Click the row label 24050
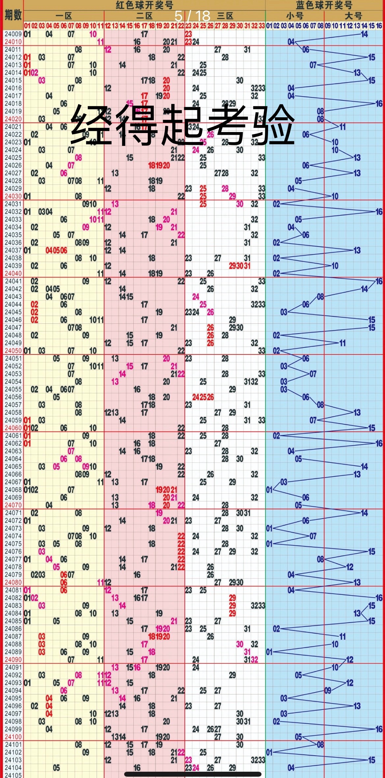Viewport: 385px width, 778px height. (x=13, y=350)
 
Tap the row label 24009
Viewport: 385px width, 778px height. (x=13, y=34)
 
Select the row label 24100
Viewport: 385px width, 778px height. (x=13, y=736)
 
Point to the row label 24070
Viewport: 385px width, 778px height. (x=13, y=505)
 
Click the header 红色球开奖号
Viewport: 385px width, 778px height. (x=144, y=5)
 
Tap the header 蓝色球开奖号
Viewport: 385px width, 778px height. (x=324, y=5)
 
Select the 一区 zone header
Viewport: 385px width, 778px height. (x=64, y=16)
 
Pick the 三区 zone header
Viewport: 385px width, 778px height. (x=225, y=16)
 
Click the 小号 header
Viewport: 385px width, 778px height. (x=294, y=16)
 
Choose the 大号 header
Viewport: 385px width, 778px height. (x=353, y=16)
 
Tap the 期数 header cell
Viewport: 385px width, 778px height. (x=13, y=15)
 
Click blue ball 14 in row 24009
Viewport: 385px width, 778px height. (x=364, y=34)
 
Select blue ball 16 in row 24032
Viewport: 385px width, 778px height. (x=379, y=212)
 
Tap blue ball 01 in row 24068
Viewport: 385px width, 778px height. (x=269, y=490)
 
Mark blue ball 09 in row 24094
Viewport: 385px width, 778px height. (x=328, y=690)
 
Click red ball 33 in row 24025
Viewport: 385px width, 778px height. (x=261, y=158)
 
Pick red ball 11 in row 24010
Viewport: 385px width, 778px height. (x=100, y=42)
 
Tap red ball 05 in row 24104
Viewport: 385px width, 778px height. (x=56, y=768)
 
